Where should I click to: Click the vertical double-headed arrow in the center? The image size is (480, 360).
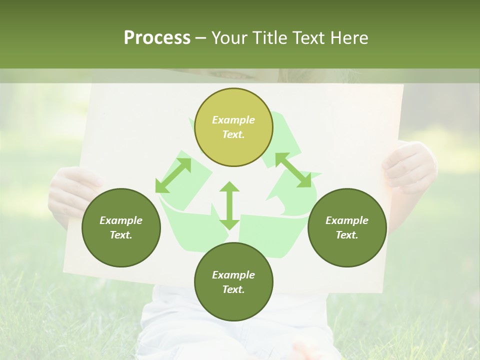click(x=229, y=205)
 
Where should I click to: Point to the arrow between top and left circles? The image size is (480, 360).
click(x=173, y=175)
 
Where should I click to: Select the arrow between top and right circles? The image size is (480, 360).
click(x=293, y=170)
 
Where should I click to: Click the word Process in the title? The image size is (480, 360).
click(x=157, y=37)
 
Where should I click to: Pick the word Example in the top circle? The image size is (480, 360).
click(x=233, y=120)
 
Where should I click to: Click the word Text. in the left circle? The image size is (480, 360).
click(x=121, y=235)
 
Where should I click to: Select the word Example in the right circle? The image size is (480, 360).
click(x=347, y=220)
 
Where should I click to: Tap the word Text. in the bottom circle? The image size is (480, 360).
click(x=233, y=289)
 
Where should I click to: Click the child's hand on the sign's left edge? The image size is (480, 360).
click(x=70, y=192)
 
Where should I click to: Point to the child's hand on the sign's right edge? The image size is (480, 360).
click(x=407, y=167)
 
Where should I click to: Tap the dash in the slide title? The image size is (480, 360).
click(x=201, y=38)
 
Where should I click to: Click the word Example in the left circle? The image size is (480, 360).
click(x=121, y=220)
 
